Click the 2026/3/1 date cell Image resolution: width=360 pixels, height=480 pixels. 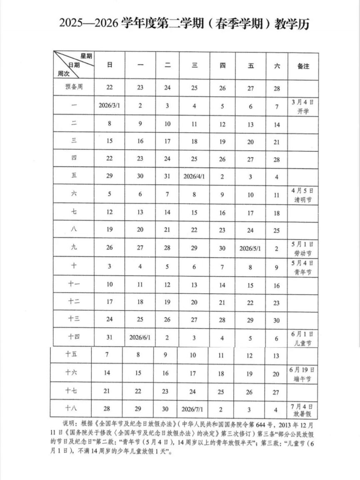[x=109, y=105]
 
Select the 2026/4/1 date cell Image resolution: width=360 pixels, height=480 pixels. [x=194, y=176]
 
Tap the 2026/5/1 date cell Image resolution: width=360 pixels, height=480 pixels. [x=250, y=248]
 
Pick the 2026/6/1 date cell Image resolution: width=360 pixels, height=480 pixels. [x=140, y=337]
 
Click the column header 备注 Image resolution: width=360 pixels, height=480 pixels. [x=303, y=65]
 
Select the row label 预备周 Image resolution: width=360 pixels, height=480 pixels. [x=73, y=87]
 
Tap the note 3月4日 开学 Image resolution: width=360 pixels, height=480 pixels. [x=303, y=106]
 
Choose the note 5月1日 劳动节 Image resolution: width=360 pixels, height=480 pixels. [x=303, y=248]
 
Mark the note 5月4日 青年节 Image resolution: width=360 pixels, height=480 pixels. [x=303, y=267]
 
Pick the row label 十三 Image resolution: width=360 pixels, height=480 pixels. [x=73, y=320]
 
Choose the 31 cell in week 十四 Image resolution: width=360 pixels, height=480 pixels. [x=109, y=337]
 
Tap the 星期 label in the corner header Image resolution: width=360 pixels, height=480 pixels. [x=86, y=56]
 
